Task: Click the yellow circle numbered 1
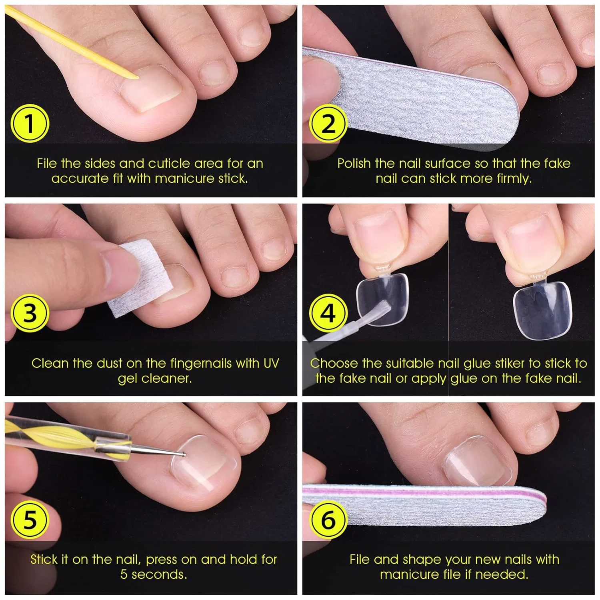[x=30, y=124]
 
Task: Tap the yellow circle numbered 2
[x=328, y=124]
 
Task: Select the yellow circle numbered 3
[x=30, y=313]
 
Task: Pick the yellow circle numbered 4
[x=328, y=313]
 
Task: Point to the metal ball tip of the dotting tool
[x=183, y=454]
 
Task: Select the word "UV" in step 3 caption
[x=271, y=363]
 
